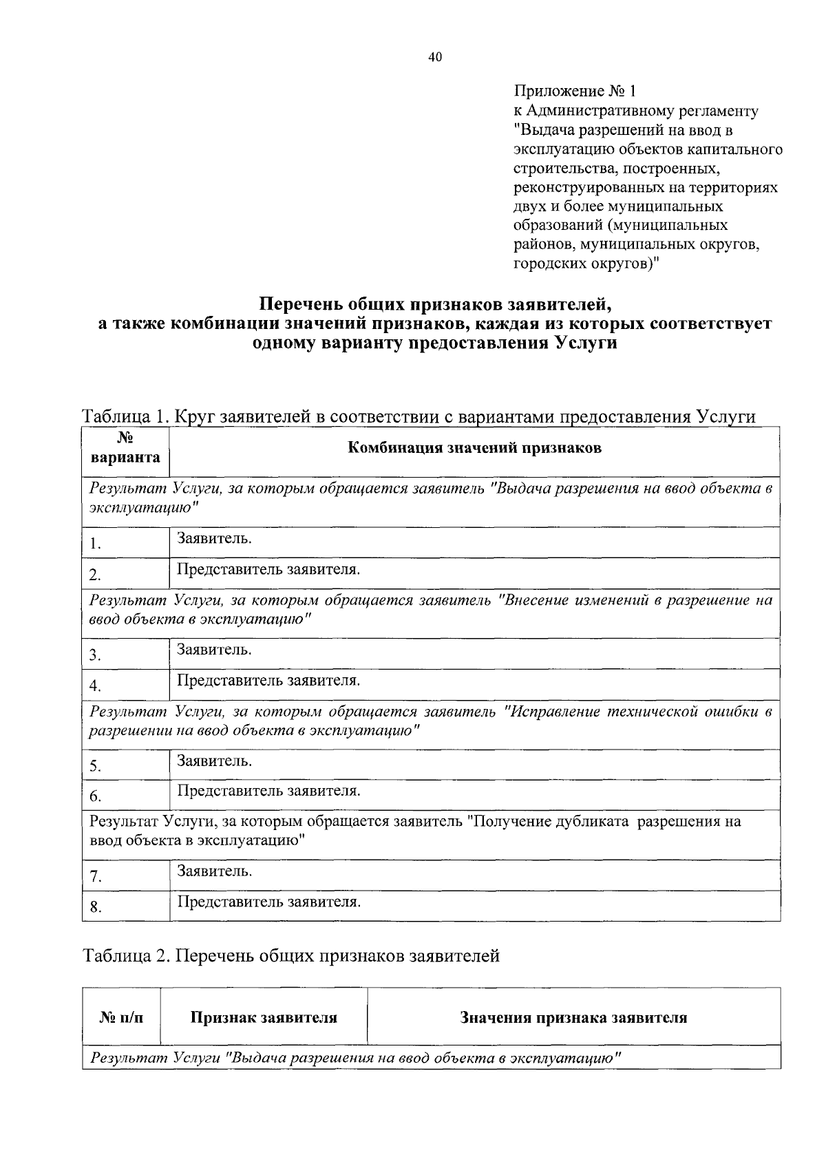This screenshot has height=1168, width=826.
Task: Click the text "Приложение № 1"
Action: click(576, 91)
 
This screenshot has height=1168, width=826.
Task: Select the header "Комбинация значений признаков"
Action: click(474, 449)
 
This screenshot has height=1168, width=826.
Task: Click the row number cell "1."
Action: click(96, 544)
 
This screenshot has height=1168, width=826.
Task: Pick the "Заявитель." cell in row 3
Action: click(214, 649)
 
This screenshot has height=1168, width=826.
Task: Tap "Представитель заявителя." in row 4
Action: click(268, 681)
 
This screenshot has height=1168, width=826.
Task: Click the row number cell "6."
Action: click(96, 797)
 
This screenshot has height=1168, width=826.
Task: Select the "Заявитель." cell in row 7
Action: click(214, 871)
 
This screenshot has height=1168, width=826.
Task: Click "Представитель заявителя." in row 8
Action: click(268, 902)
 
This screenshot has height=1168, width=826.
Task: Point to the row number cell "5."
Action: click(96, 766)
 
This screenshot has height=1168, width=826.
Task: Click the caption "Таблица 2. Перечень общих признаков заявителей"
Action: click(290, 956)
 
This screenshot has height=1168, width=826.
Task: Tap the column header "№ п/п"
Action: click(121, 1018)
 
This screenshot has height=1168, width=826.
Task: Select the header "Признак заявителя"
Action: click(264, 1018)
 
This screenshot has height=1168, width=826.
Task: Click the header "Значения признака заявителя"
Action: click(573, 1018)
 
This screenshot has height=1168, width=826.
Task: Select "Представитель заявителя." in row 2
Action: click(268, 570)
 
